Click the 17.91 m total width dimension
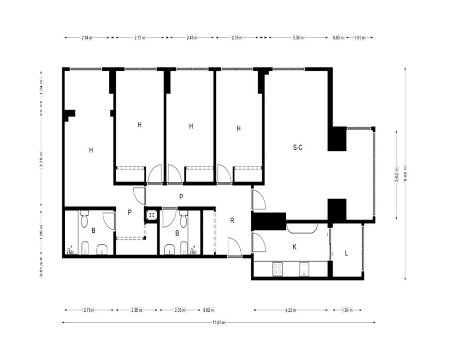click(219, 322)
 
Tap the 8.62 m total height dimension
click(405, 174)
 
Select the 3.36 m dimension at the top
click(298, 38)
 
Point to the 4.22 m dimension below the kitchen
click(291, 310)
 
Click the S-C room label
click(297, 148)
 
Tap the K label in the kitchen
click(294, 247)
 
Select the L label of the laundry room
click(346, 253)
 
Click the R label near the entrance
click(232, 220)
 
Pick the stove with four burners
click(277, 269)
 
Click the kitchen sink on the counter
click(304, 269)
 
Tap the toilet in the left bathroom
click(85, 219)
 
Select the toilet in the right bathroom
click(184, 219)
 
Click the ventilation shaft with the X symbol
click(151, 215)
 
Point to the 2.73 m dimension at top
click(140, 38)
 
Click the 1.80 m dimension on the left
click(41, 231)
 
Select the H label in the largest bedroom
click(91, 150)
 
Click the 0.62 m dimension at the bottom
click(209, 310)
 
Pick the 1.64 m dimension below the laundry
click(347, 310)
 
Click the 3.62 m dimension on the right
click(396, 175)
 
